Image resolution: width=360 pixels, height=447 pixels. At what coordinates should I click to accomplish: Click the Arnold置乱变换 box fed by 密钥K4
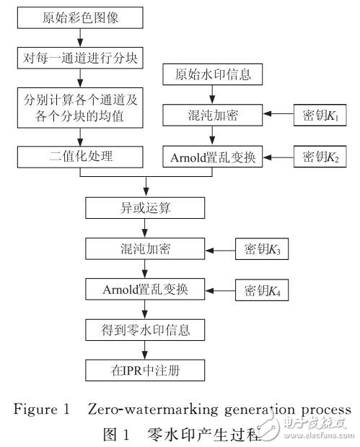(146, 290)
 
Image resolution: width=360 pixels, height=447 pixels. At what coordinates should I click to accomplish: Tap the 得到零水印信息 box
(146, 330)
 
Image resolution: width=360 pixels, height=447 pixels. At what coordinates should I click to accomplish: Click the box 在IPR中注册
(146, 370)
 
